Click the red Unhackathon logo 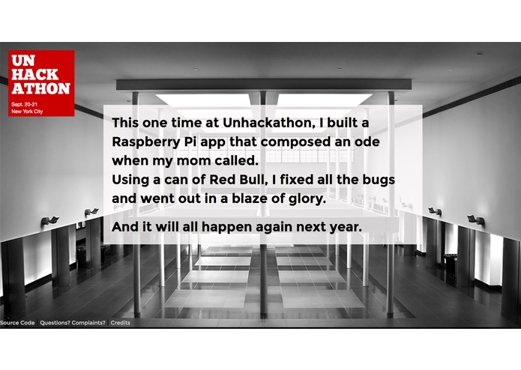point(41,82)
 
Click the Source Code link point(17,323)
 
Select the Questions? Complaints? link point(73,323)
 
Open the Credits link point(120,323)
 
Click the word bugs point(378,181)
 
